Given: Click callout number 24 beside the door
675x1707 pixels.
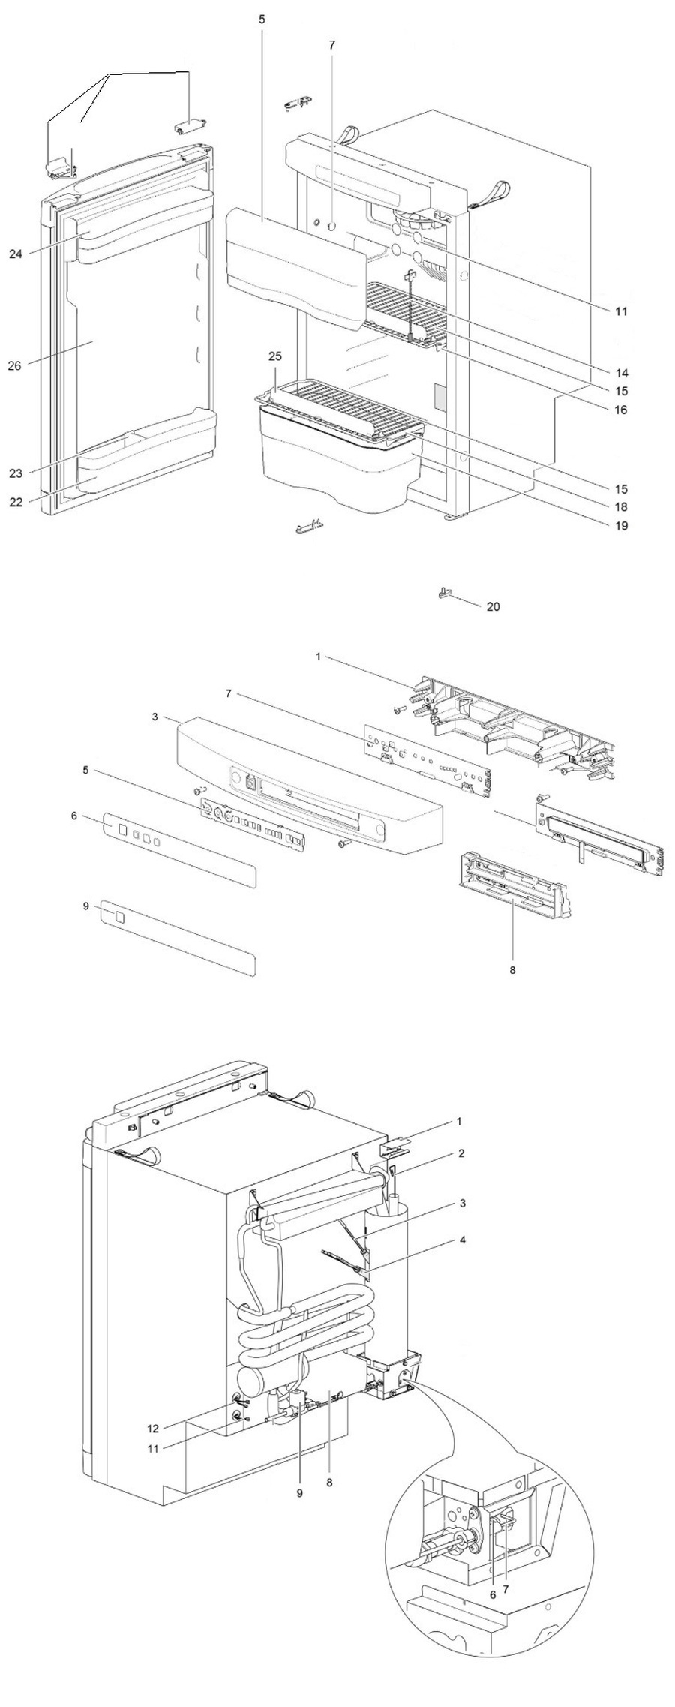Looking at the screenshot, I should pos(16,254).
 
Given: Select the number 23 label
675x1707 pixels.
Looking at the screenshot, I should pos(16,473).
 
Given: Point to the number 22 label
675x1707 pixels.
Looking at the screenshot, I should pos(16,502).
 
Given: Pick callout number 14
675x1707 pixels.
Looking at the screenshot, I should pos(622,373).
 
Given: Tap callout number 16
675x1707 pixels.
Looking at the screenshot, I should pos(622,410).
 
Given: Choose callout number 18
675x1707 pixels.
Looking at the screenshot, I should pos(622,507).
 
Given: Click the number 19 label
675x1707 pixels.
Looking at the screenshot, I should pos(622,526).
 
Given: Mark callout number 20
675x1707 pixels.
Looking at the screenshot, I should pos(493,606).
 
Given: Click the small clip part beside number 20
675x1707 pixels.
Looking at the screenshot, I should pos(443,592).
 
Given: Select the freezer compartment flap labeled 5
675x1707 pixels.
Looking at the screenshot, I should pos(292,270).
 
